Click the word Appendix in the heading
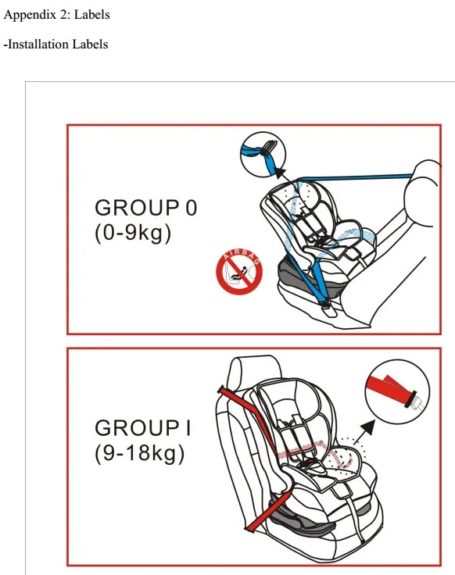click(x=29, y=15)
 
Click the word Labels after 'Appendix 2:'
click(x=91, y=15)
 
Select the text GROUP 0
click(x=146, y=208)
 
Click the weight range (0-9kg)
click(x=133, y=234)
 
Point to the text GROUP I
click(x=143, y=428)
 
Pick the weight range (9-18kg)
click(x=139, y=454)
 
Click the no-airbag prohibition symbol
click(x=239, y=272)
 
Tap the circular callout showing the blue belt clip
click(x=263, y=155)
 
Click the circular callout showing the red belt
click(x=397, y=391)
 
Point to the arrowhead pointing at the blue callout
click(x=281, y=173)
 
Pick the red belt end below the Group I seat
click(x=270, y=512)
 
